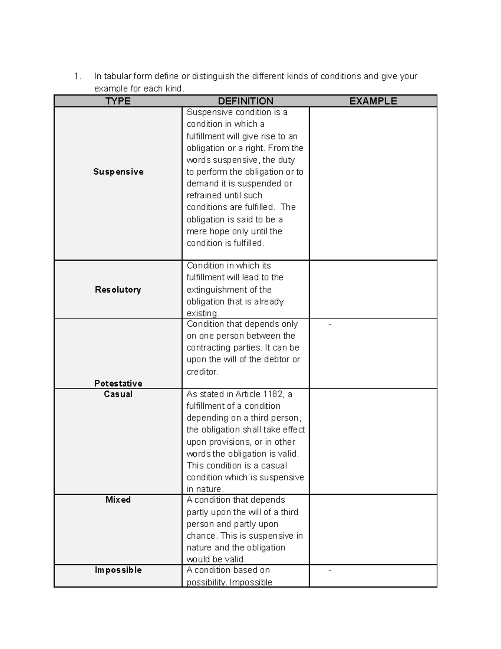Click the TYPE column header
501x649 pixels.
click(118, 101)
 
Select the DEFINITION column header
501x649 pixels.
click(245, 101)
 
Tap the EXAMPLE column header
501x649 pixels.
click(373, 101)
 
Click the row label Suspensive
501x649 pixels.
click(118, 172)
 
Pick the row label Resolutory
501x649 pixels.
click(118, 290)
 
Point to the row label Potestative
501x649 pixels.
click(118, 383)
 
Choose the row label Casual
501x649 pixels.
click(118, 394)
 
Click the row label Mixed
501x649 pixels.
click(118, 500)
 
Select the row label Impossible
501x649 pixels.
click(118, 570)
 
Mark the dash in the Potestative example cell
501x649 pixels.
click(330, 324)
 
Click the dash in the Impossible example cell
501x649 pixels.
click(330, 570)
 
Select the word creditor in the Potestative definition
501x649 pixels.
click(202, 372)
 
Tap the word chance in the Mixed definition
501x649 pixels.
click(201, 536)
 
